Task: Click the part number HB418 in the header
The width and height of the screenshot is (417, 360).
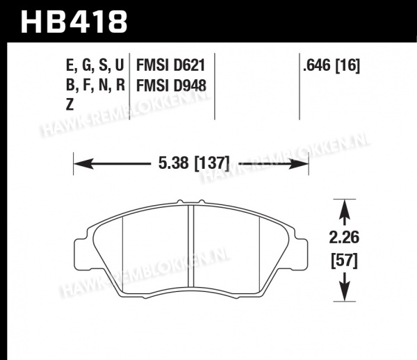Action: [74, 22]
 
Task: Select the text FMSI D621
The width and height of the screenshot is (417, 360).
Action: [171, 65]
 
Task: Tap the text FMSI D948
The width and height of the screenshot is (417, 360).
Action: [171, 85]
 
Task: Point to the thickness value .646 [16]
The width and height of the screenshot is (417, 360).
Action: [332, 65]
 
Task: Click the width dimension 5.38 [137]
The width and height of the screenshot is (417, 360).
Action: [194, 163]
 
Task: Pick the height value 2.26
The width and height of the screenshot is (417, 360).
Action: [344, 238]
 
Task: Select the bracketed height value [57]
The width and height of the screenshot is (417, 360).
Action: [344, 261]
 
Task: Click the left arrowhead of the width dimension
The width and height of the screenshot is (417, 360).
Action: [83, 163]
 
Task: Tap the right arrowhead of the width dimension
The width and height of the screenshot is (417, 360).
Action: [298, 163]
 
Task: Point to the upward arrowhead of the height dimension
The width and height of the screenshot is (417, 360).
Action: [345, 209]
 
